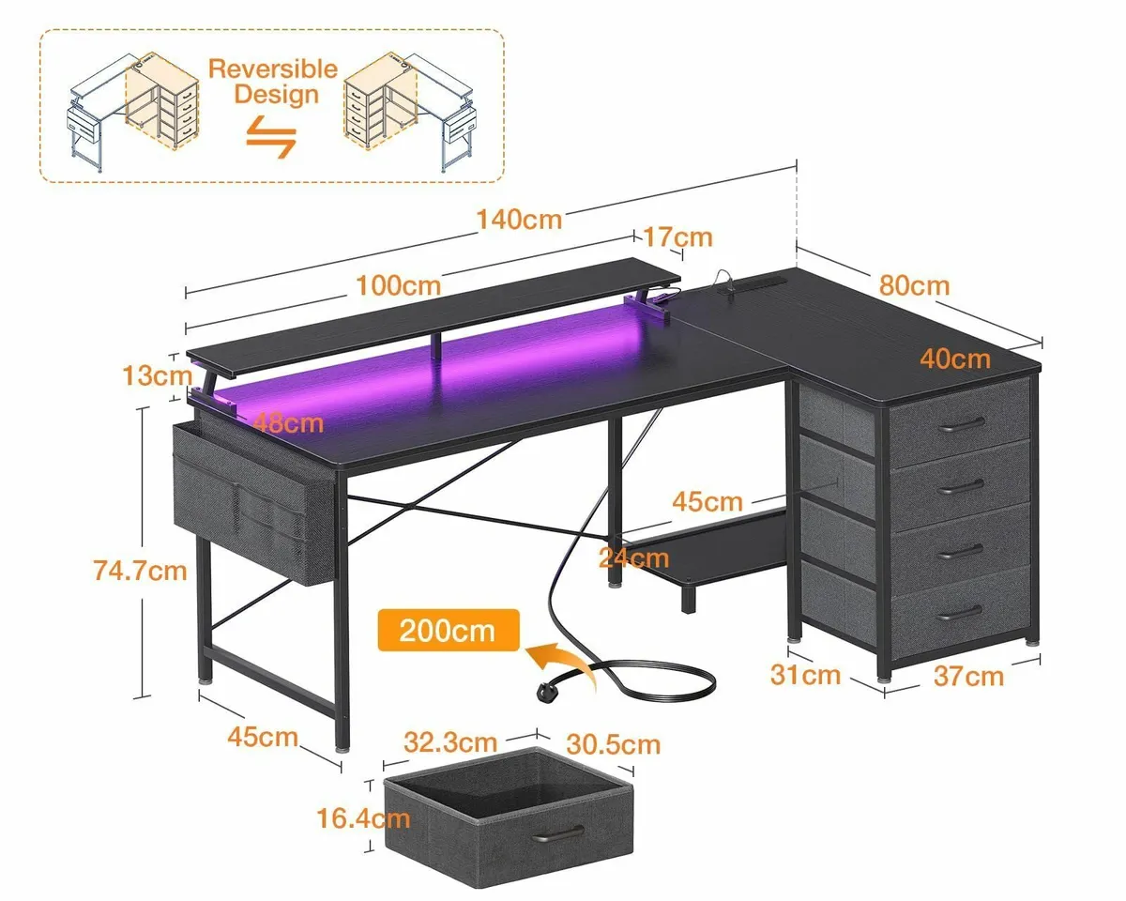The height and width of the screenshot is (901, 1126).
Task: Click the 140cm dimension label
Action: pos(519,220)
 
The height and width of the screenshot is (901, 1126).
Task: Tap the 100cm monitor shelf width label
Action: pos(400,284)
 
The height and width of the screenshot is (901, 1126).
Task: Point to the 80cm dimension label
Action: pos(914,284)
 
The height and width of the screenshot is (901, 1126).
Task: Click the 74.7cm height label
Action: pos(141,569)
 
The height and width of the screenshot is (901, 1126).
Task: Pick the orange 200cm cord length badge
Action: pos(448,630)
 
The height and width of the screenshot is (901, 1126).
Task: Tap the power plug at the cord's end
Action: pos(547,691)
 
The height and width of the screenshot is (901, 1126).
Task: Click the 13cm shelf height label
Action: pos(158,375)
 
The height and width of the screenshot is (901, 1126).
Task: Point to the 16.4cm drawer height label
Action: pos(364,818)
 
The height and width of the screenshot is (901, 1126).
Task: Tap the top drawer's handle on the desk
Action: pos(960,422)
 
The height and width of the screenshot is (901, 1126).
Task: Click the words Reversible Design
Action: pos(272,82)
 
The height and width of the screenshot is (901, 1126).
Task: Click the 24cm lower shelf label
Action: pos(634,559)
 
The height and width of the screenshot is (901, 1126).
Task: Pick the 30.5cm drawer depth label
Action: pos(613,744)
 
